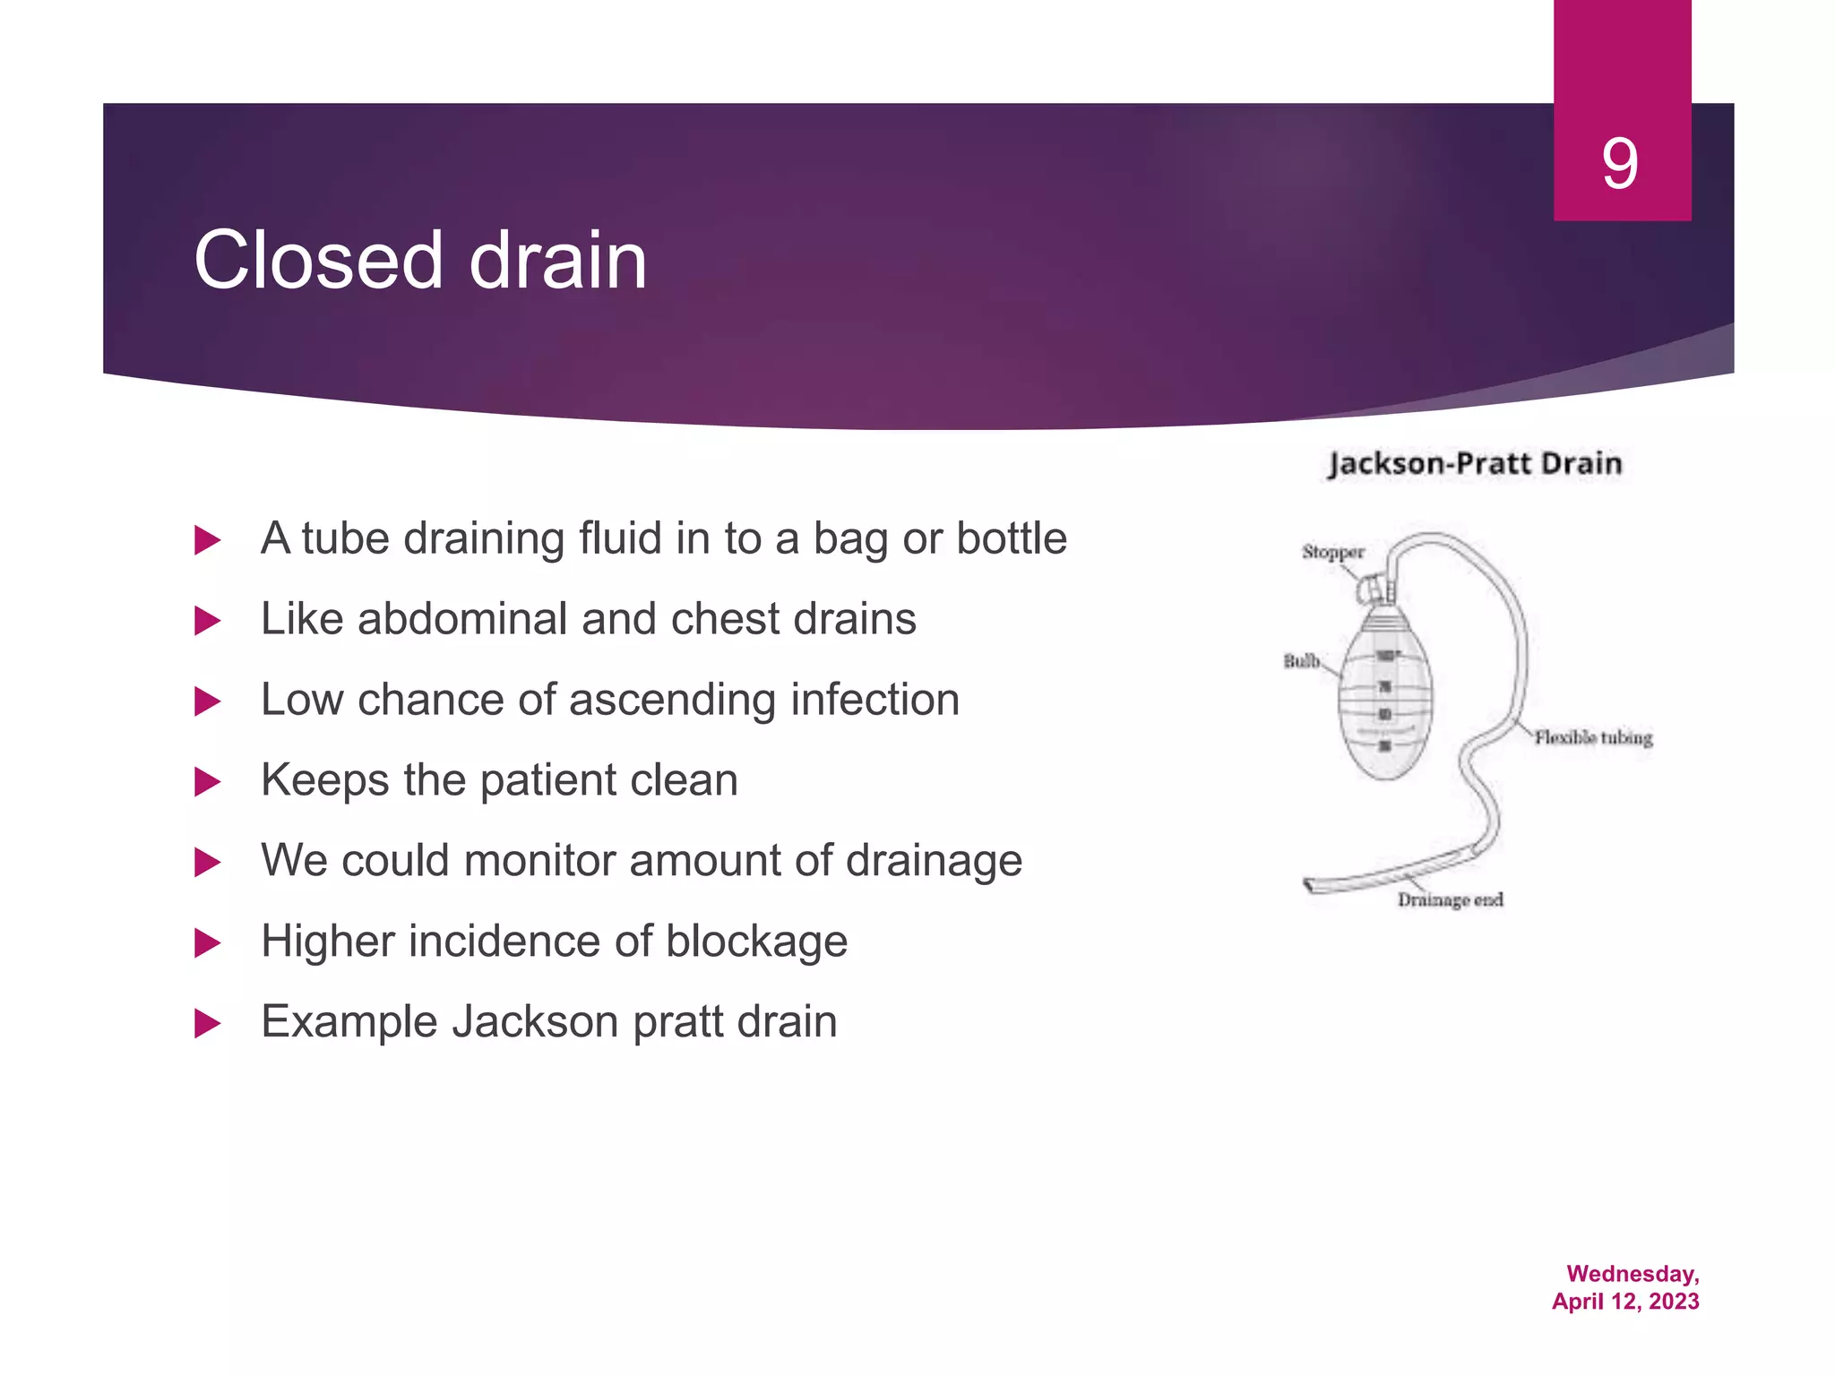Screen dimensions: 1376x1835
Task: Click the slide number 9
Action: [x=1620, y=164]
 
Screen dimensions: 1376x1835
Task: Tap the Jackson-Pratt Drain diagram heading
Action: [x=1475, y=463]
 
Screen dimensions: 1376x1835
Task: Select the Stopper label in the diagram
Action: [x=1332, y=552]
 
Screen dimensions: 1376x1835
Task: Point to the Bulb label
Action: [x=1301, y=661]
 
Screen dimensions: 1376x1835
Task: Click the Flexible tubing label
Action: [x=1593, y=737]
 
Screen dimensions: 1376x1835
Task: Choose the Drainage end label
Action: [x=1450, y=899]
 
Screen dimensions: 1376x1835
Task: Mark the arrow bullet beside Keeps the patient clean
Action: [x=207, y=781]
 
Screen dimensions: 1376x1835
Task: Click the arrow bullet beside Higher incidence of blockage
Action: [x=207, y=942]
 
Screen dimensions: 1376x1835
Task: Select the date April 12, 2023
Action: [x=1625, y=1302]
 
